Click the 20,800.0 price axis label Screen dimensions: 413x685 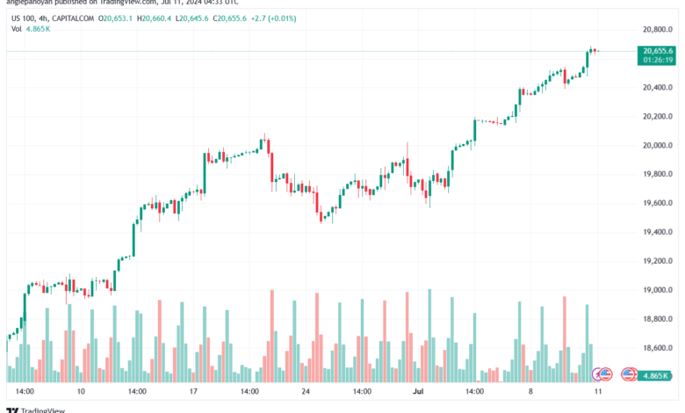[x=657, y=30]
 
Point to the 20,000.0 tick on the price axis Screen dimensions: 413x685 [x=657, y=145]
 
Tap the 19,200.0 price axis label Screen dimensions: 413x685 [x=657, y=261]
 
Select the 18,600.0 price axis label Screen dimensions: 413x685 [x=657, y=348]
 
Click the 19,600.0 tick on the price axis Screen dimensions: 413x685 [x=657, y=203]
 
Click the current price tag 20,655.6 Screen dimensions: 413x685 [x=658, y=51]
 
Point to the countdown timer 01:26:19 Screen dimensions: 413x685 [x=658, y=61]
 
